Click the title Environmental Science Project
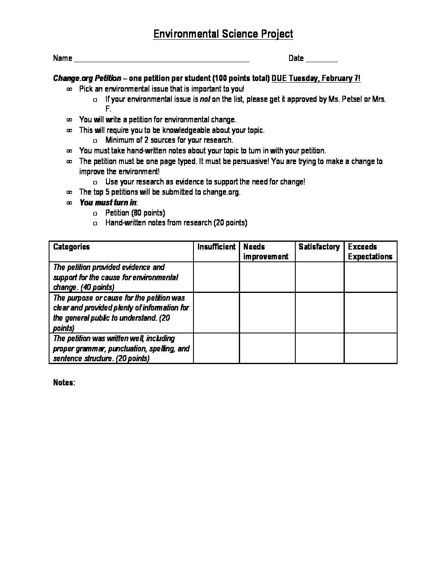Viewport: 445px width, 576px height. (223, 34)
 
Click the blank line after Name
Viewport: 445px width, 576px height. (162, 59)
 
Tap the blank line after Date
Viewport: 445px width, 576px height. (321, 59)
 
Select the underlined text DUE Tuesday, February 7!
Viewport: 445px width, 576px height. (316, 79)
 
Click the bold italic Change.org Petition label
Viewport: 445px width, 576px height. (87, 79)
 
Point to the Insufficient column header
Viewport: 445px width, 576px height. (216, 247)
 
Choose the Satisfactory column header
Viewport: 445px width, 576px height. (319, 247)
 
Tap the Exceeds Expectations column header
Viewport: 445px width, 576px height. (370, 252)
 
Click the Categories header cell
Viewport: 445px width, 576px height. (72, 247)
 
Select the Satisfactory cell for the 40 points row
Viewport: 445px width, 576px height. (319, 277)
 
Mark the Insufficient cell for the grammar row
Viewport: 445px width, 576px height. (216, 348)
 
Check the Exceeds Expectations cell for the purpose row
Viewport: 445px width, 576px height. (370, 313)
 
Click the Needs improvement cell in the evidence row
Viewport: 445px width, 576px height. (267, 277)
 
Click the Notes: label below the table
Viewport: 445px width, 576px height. (64, 383)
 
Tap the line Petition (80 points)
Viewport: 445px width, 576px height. (135, 213)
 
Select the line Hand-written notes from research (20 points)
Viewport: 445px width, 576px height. (176, 223)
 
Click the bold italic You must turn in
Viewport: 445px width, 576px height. (108, 202)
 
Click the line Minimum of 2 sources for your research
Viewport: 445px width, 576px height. (169, 140)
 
